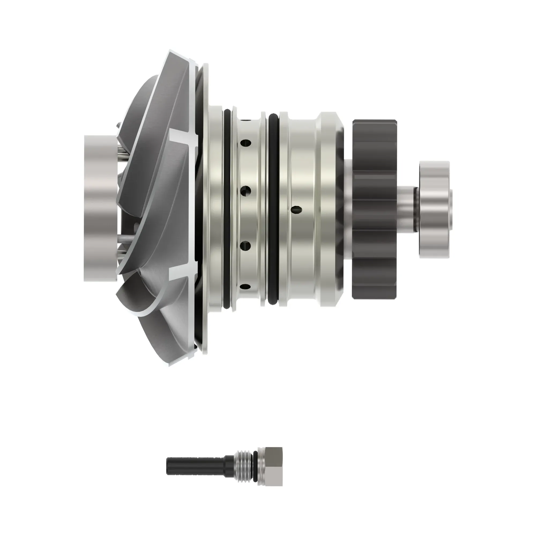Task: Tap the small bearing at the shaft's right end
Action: pyautogui.click(x=434, y=210)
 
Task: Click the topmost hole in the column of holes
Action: pyautogui.click(x=246, y=143)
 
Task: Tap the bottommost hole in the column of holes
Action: pyautogui.click(x=246, y=286)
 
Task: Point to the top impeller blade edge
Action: pyautogui.click(x=180, y=55)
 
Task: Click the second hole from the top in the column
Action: pyautogui.click(x=246, y=191)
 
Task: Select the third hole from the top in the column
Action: pyautogui.click(x=246, y=246)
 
